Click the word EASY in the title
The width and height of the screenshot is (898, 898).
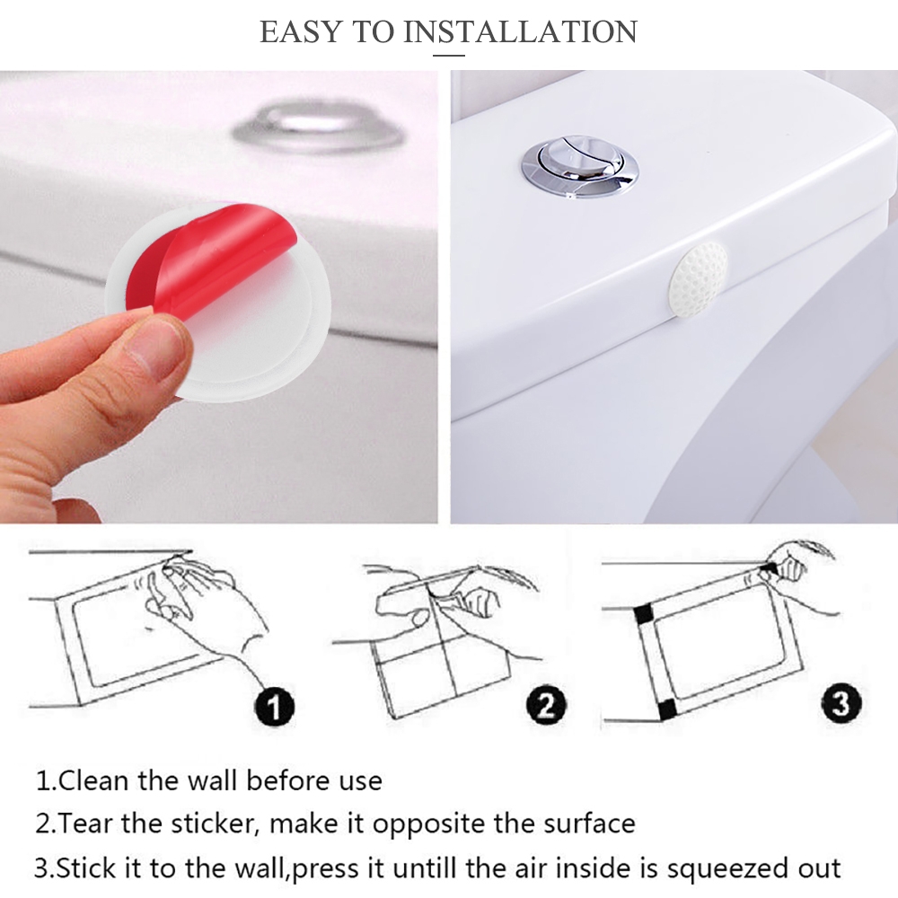click(x=301, y=31)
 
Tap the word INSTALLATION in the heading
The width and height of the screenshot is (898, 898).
click(x=520, y=31)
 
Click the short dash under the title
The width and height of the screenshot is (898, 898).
click(x=448, y=56)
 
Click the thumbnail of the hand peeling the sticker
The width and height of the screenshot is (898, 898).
click(x=219, y=296)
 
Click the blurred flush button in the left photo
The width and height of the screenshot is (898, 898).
click(x=320, y=131)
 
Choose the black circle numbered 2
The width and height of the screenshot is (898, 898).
click(x=546, y=704)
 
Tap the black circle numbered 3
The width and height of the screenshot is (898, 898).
click(x=841, y=702)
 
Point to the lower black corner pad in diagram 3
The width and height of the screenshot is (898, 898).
click(x=666, y=710)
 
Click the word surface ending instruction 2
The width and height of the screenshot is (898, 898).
click(x=589, y=824)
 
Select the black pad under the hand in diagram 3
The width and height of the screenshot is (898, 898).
click(x=768, y=570)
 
